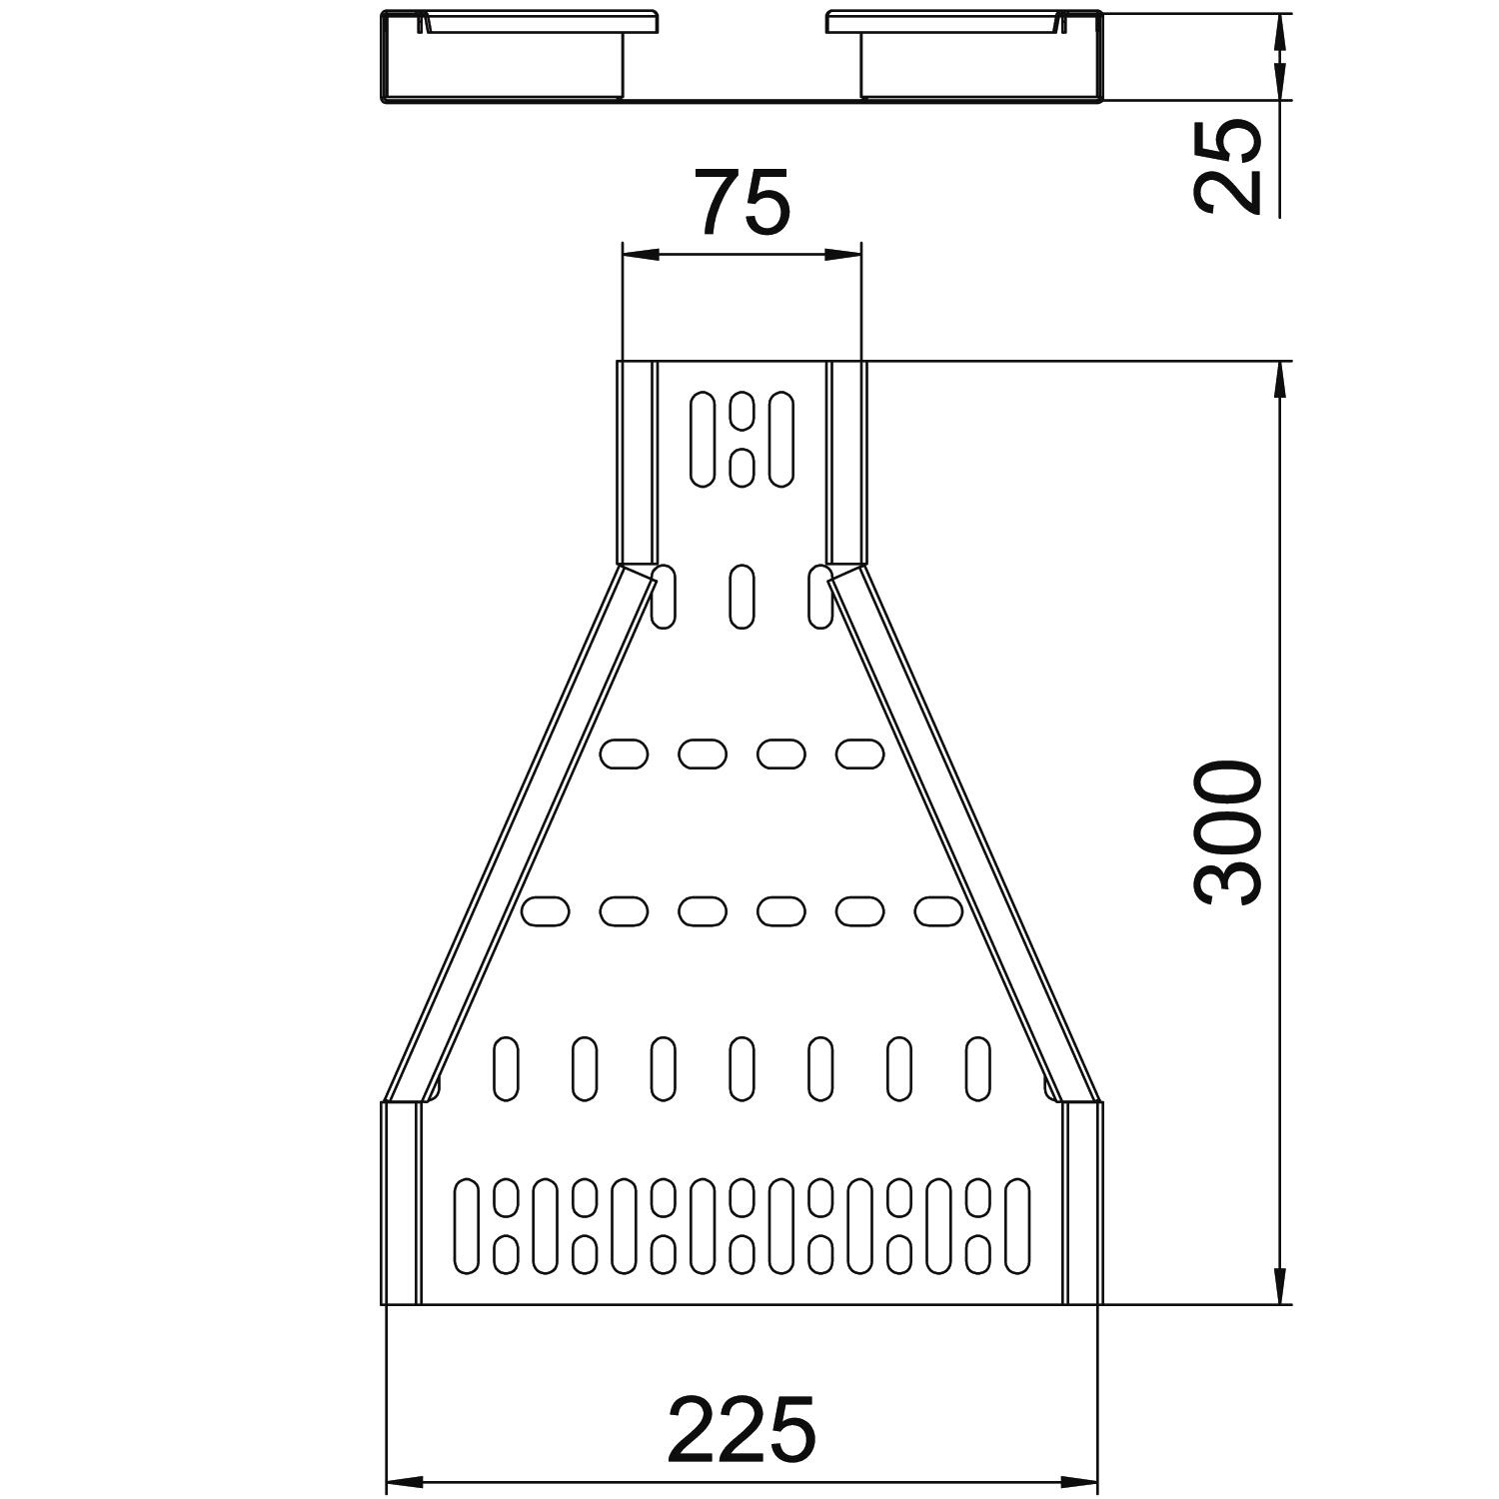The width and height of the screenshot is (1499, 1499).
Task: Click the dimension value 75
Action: pos(745,202)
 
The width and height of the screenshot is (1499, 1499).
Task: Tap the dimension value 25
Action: pos(1228,166)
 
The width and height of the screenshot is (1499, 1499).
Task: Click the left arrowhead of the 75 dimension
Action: pos(641,255)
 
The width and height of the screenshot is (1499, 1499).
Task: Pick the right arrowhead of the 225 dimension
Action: pos(1078,1479)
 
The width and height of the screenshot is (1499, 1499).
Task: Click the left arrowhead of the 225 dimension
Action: pos(405,1479)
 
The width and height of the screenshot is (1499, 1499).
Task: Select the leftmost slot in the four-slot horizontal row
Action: pos(624,753)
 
